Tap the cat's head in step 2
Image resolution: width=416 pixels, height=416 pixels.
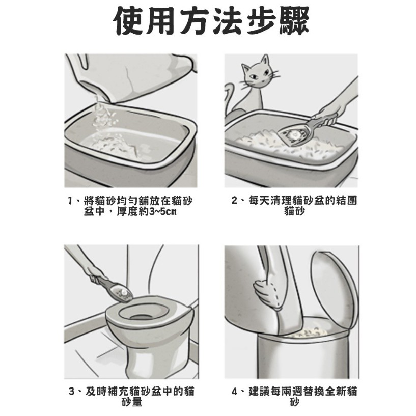(256, 73)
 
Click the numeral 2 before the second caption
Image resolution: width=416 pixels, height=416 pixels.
(234, 200)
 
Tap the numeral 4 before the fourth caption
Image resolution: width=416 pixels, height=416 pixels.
(234, 391)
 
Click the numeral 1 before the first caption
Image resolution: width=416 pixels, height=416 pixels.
(70, 200)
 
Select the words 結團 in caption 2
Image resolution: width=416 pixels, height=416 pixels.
(346, 200)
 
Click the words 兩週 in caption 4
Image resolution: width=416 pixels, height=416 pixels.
(298, 391)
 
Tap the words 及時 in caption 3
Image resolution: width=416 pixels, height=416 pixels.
(96, 391)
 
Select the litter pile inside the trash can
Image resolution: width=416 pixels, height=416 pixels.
(309, 332)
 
